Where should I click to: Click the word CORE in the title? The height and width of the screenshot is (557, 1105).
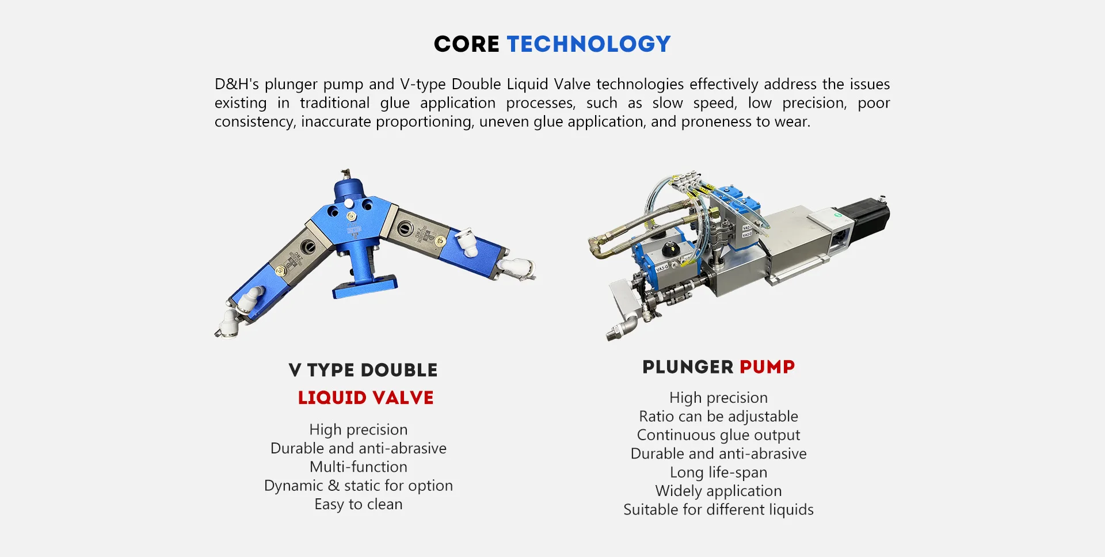466,44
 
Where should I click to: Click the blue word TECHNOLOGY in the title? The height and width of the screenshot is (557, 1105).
589,44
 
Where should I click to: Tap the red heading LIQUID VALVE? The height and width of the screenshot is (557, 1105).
365,398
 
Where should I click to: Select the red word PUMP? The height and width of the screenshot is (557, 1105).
767,367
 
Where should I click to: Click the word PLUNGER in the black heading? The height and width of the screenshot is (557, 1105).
688,367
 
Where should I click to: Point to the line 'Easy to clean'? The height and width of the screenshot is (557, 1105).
359,504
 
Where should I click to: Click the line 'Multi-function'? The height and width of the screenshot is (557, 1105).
359,467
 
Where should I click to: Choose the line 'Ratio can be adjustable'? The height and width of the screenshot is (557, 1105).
718,417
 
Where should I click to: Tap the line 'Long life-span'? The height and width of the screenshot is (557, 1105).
718,472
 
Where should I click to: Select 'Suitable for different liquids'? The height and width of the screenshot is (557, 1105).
718,510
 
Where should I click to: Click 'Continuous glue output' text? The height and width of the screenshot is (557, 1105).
718,435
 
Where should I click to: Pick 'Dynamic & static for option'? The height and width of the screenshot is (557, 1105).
359,486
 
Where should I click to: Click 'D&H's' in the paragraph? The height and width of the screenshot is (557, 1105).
237,85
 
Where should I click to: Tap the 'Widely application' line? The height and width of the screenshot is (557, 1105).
718,491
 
